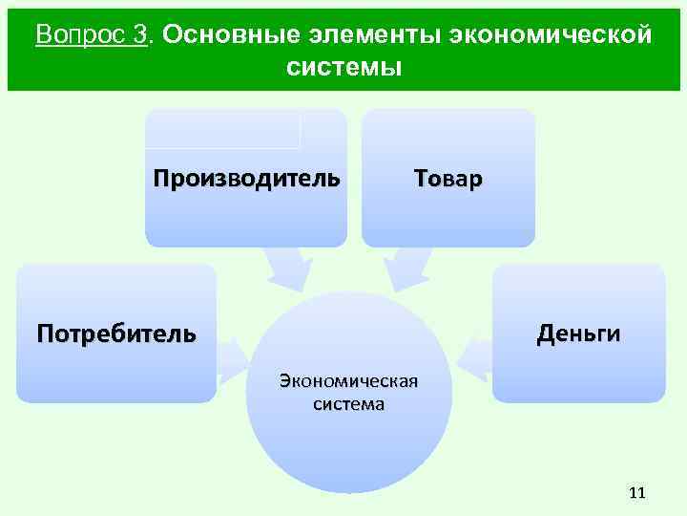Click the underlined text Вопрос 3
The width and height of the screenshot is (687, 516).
[93, 35]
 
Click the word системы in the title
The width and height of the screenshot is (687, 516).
[343, 68]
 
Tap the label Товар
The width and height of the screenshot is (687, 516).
[448, 179]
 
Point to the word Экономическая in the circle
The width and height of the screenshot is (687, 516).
[348, 382]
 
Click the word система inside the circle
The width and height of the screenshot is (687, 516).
[348, 404]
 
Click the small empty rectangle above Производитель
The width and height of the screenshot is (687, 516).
[224, 129]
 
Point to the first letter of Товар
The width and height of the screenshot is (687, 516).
[420, 179]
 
